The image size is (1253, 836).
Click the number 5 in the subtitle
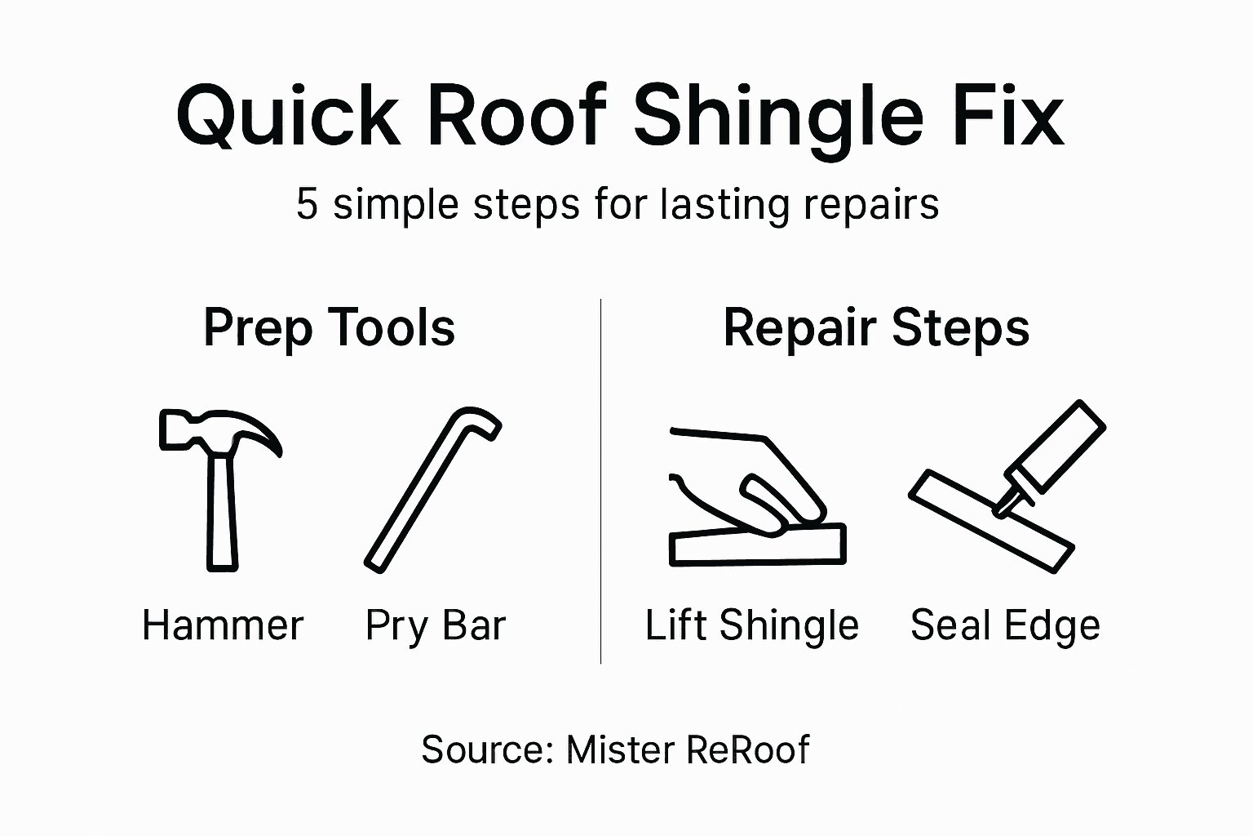[306, 203]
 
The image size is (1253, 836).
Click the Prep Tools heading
[329, 328]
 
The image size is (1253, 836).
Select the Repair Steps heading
[876, 328]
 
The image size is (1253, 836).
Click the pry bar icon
[432, 489]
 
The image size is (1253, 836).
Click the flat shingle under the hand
[757, 546]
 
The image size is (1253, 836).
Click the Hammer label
[223, 626]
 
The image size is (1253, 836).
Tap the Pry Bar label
[436, 627]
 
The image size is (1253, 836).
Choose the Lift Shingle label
[751, 626]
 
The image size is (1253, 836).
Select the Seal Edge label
[1005, 626]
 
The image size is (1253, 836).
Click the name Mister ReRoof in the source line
[687, 749]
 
